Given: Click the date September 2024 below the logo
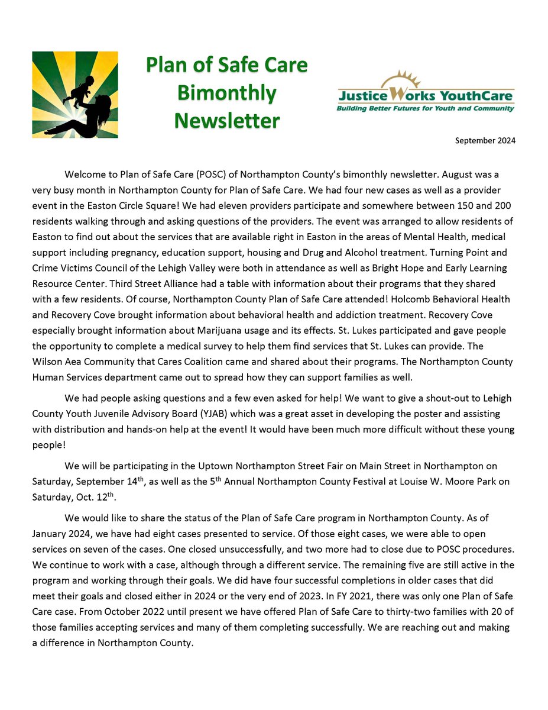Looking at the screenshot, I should coord(485,141).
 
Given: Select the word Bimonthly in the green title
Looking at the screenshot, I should coord(227,93).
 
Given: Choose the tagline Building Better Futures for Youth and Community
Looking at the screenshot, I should coord(425,108).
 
